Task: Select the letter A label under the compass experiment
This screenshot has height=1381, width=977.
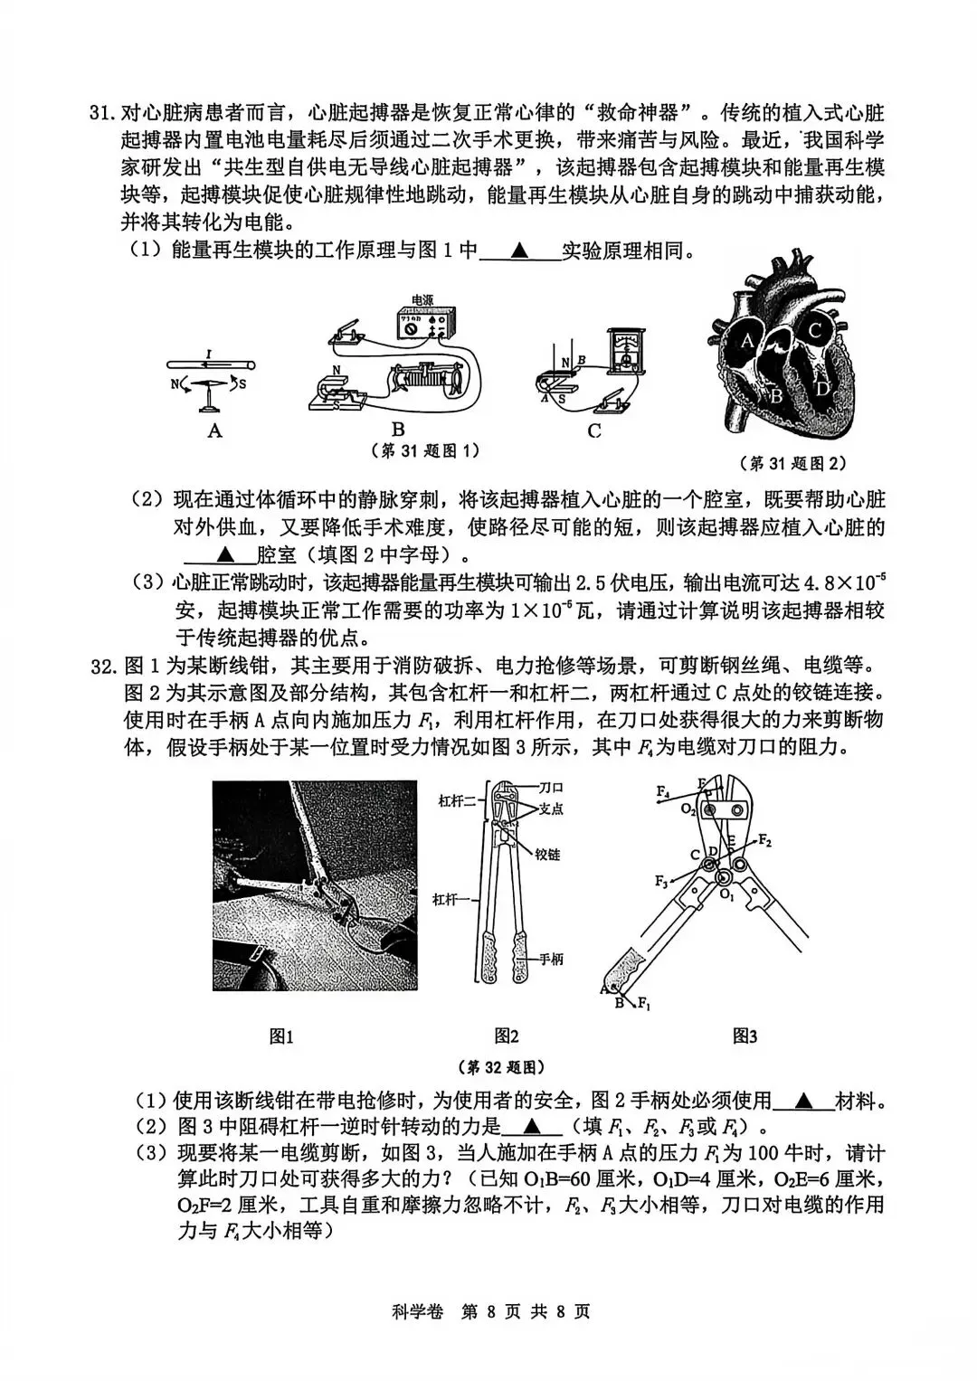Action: [x=214, y=430]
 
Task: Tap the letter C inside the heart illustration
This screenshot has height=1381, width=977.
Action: [x=814, y=331]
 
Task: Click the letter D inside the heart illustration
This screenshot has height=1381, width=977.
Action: [x=821, y=389]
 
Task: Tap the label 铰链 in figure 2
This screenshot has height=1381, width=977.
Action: [x=547, y=854]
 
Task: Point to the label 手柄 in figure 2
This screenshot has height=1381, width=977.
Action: [x=550, y=959]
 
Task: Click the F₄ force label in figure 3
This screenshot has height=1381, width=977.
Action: [x=663, y=791]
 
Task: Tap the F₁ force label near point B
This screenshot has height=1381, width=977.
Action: [x=644, y=1003]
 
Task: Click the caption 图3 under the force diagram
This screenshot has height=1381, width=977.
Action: [x=745, y=1036]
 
